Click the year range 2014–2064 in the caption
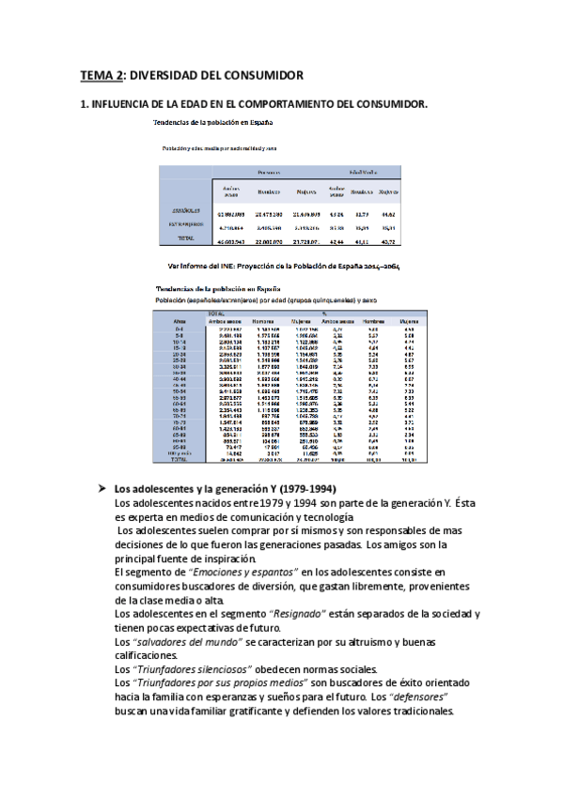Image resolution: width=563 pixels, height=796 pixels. click(380, 266)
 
